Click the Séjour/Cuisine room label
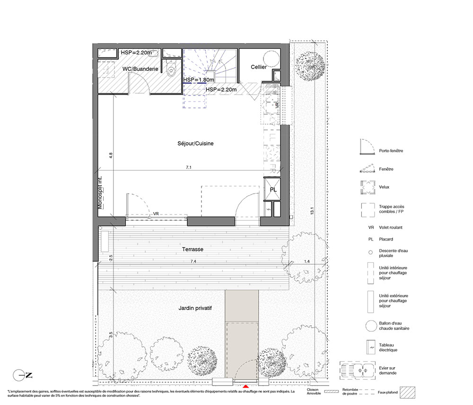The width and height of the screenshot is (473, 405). tap(195, 144)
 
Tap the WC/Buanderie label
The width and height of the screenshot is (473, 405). tap(140, 69)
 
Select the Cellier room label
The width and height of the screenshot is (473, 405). tap(259, 67)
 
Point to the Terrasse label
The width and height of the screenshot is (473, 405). tap(193, 249)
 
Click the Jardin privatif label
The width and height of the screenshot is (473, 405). tap(195, 308)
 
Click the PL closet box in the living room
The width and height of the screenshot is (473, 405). tap(273, 189)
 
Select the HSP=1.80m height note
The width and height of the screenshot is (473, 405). tap(199, 79)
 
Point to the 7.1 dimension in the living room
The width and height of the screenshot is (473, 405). tap(189, 167)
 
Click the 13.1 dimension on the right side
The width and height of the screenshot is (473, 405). tap(312, 210)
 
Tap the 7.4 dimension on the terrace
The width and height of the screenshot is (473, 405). tap(193, 261)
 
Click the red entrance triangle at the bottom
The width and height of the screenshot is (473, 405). tap(246, 386)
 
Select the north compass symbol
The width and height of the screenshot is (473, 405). tap(22, 375)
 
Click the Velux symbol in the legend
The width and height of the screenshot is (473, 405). tap(368, 188)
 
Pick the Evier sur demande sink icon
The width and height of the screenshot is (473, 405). tap(358, 371)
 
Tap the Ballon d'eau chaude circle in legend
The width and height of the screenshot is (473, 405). tap(371, 326)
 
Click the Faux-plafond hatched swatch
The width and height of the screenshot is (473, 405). tap(407, 392)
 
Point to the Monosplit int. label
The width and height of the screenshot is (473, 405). tap(100, 192)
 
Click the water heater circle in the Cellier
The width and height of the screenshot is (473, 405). tap(272, 59)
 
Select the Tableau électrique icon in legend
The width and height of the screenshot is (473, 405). tap(370, 347)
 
